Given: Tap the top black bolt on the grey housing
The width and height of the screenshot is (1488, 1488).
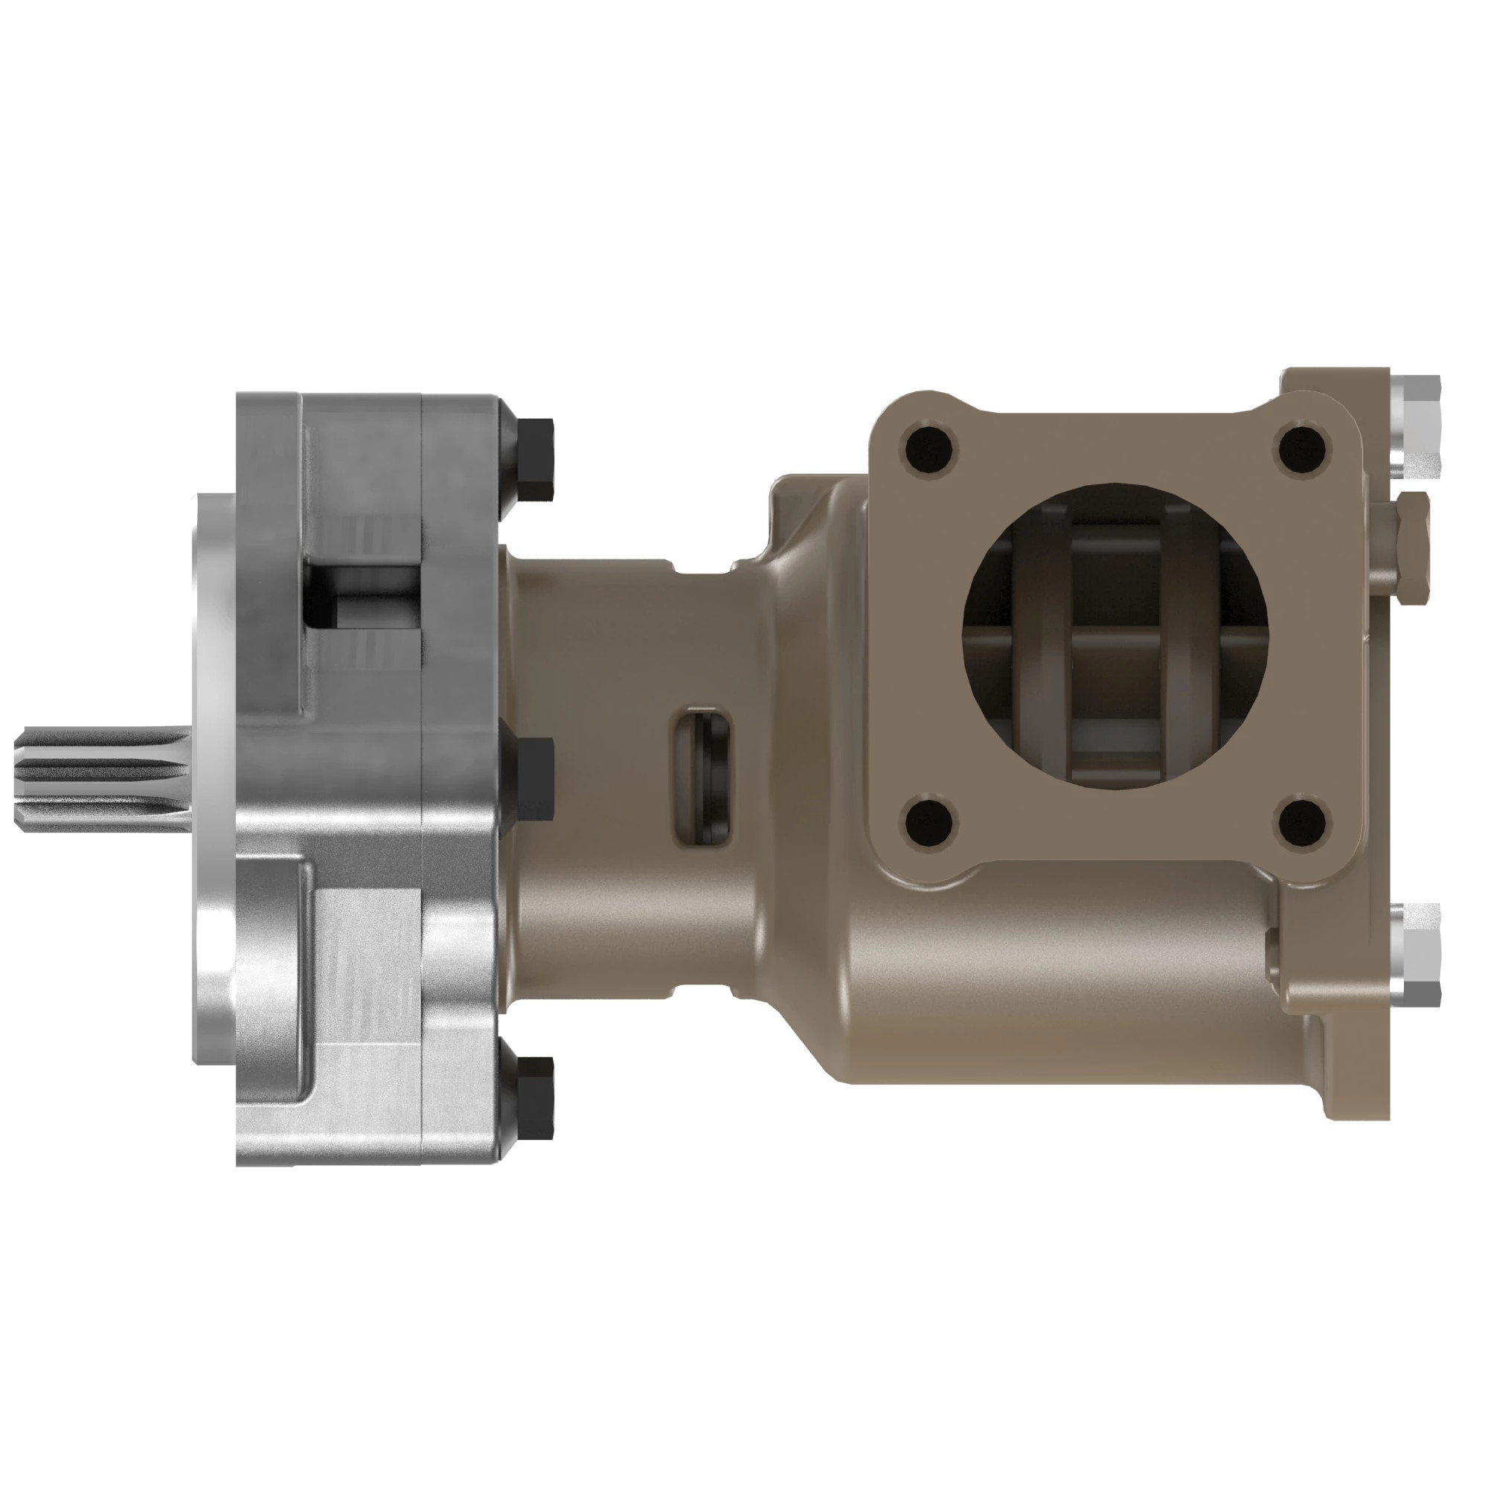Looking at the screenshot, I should tap(533, 460).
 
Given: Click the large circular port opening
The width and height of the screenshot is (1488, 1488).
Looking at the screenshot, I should tap(1115, 635).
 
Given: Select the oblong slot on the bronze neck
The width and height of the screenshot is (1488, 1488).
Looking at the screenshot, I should tap(702, 778).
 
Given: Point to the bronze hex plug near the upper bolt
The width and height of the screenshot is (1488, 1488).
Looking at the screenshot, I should tap(1406, 548).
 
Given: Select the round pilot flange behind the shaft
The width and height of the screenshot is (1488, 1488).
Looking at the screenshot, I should tap(214, 778).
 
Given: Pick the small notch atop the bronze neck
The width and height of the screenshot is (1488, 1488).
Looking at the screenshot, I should tap(702, 568).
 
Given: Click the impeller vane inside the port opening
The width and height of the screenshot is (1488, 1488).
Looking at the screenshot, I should tap(1115, 655).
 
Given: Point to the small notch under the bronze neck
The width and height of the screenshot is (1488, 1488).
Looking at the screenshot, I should tap(702, 992).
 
